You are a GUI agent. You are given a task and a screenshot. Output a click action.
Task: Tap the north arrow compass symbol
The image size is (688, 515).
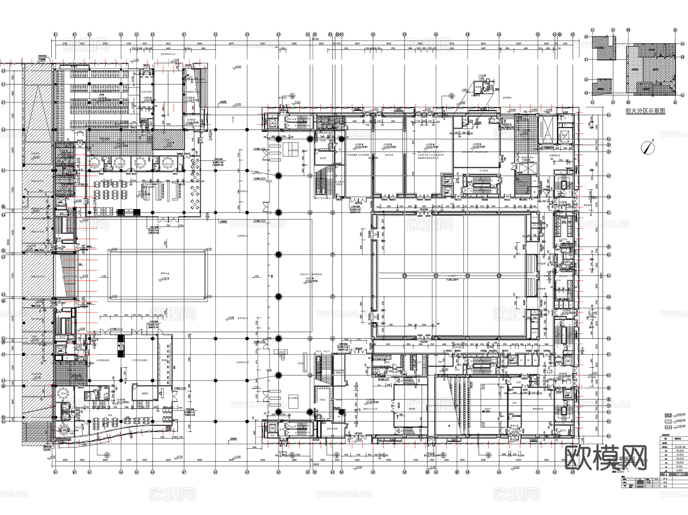click(x=647, y=147)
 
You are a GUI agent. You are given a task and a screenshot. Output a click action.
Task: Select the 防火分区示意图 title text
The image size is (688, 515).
click(x=645, y=111)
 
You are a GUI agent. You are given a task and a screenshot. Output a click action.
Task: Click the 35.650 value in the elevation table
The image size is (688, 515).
click(x=679, y=447)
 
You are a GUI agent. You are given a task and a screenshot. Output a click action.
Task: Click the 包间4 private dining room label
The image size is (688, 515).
click(x=168, y=164)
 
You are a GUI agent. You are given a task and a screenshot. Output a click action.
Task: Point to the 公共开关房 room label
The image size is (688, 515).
click(x=146, y=92)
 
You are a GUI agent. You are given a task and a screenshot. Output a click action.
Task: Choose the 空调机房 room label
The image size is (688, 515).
click(x=191, y=120)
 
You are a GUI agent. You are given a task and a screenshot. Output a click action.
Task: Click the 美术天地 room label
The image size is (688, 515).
click(x=389, y=155)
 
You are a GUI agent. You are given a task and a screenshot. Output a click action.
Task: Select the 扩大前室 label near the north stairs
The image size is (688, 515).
click(x=484, y=171)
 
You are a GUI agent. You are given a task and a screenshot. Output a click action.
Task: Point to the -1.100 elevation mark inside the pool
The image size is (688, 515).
click(x=164, y=279)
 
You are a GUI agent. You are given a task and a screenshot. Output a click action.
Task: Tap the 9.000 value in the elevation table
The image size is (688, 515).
click(x=679, y=466)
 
